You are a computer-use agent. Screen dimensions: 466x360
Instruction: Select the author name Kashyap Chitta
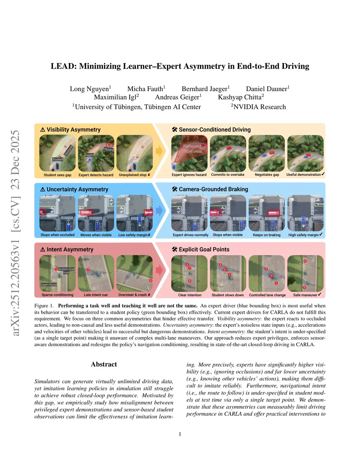[240, 97]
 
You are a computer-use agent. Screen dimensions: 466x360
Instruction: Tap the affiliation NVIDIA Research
[259, 107]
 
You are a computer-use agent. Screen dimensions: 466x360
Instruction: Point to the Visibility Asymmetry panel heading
[73, 130]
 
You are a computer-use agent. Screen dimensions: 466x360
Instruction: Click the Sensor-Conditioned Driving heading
[214, 130]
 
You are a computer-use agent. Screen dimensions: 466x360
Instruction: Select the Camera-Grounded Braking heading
[213, 189]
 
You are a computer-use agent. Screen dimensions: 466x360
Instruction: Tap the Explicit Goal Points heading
[204, 249]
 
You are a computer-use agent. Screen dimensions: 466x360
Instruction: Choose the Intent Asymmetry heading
[70, 249]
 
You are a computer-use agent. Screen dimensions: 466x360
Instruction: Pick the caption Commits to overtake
[227, 175]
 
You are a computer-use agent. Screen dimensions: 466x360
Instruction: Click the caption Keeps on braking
[266, 235]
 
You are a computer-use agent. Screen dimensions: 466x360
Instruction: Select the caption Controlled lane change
[267, 295]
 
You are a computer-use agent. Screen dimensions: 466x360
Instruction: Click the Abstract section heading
[104, 364]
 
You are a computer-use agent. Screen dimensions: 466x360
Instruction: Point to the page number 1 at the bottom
[180, 434]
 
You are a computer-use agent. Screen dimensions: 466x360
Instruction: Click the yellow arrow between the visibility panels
[159, 151]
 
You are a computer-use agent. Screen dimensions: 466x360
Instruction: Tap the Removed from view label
[192, 149]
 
